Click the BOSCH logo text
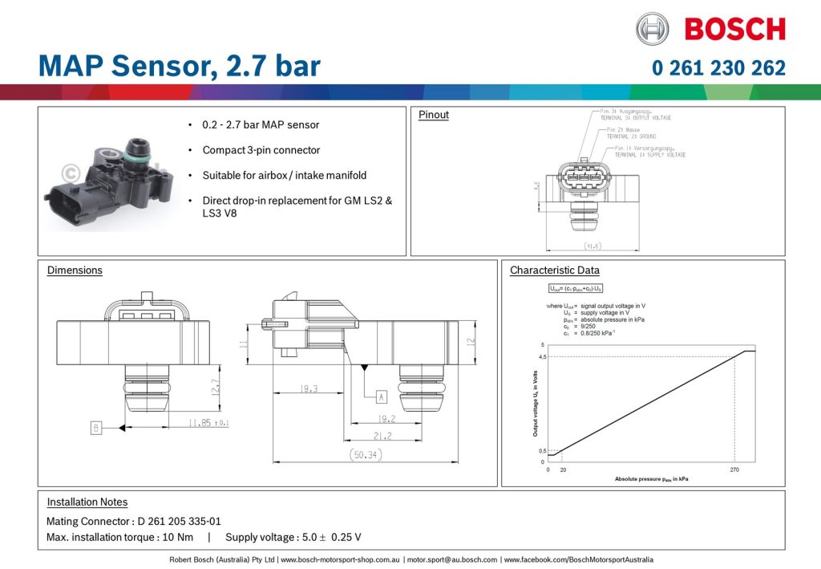734,29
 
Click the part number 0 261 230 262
718,68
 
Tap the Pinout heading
434,115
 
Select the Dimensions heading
75,270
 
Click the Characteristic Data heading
554,270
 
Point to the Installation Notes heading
87,502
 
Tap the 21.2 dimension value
383,436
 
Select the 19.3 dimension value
308,388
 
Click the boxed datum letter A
382,396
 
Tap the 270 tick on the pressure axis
735,470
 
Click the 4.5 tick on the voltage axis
542,357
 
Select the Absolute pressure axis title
651,479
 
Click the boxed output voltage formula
576,287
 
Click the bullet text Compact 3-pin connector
261,150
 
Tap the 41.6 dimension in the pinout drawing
593,246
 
